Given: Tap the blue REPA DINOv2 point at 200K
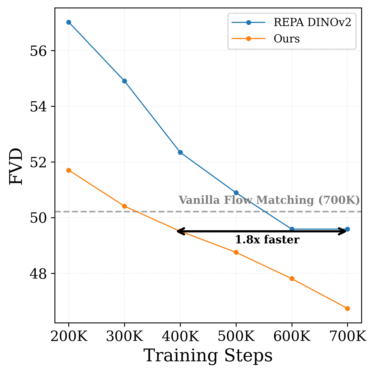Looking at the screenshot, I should pos(69,22).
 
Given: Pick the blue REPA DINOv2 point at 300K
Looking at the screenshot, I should pos(124,81).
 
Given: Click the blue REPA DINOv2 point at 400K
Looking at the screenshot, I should pos(180,152).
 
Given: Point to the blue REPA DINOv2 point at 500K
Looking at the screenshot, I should pos(236,193).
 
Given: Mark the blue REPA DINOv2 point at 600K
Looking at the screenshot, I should pos(292,229).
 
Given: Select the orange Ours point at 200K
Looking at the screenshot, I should pos(69,170).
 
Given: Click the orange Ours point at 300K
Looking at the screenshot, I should pos(124,206).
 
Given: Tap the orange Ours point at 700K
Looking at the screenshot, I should pos(347,308).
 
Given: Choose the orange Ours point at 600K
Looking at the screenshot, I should pos(292,279).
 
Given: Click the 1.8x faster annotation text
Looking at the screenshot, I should pos(267,240).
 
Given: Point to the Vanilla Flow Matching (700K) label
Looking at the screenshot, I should pos(269,200).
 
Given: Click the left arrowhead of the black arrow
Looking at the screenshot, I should pos(178,231).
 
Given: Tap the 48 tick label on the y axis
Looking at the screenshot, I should pos(38,274).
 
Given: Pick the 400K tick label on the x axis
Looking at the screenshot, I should pos(180,337).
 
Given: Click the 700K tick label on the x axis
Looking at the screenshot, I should pos(348,337).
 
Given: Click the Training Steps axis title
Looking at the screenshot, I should pos(208,356).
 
